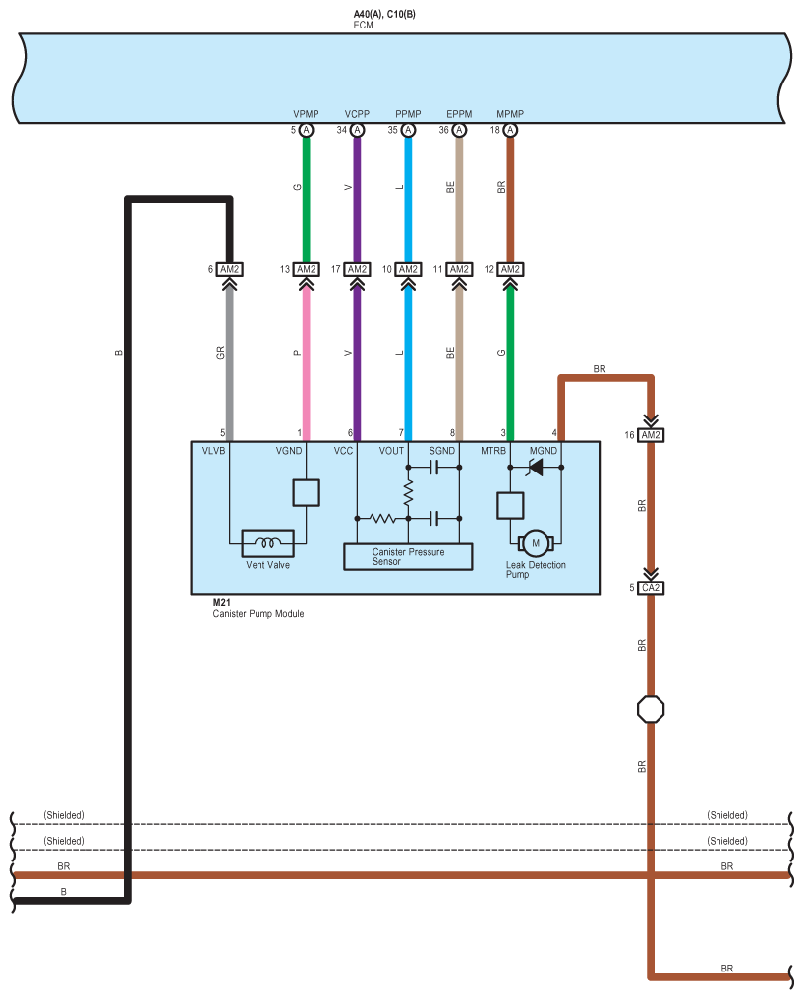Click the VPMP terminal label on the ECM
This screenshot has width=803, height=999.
[x=306, y=114]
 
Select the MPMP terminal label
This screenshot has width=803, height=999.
[x=510, y=114]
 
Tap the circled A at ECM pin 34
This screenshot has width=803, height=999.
[x=357, y=130]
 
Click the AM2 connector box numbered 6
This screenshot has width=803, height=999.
[x=229, y=269]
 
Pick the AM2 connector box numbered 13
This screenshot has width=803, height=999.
[x=306, y=269]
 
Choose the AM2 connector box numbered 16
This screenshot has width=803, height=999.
[x=651, y=435]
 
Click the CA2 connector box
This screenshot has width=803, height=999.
[x=651, y=588]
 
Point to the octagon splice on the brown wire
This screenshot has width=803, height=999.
[x=651, y=709]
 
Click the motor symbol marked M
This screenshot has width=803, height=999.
[x=536, y=541]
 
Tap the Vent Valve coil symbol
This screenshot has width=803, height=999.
[x=268, y=541]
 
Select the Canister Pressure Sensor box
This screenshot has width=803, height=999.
[x=408, y=556]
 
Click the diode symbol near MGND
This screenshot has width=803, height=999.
[x=536, y=470]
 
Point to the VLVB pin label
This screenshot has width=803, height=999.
[x=214, y=451]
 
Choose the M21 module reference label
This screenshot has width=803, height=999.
[x=222, y=602]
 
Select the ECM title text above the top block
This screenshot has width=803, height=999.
[x=364, y=25]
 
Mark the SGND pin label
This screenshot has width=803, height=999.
[x=443, y=451]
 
